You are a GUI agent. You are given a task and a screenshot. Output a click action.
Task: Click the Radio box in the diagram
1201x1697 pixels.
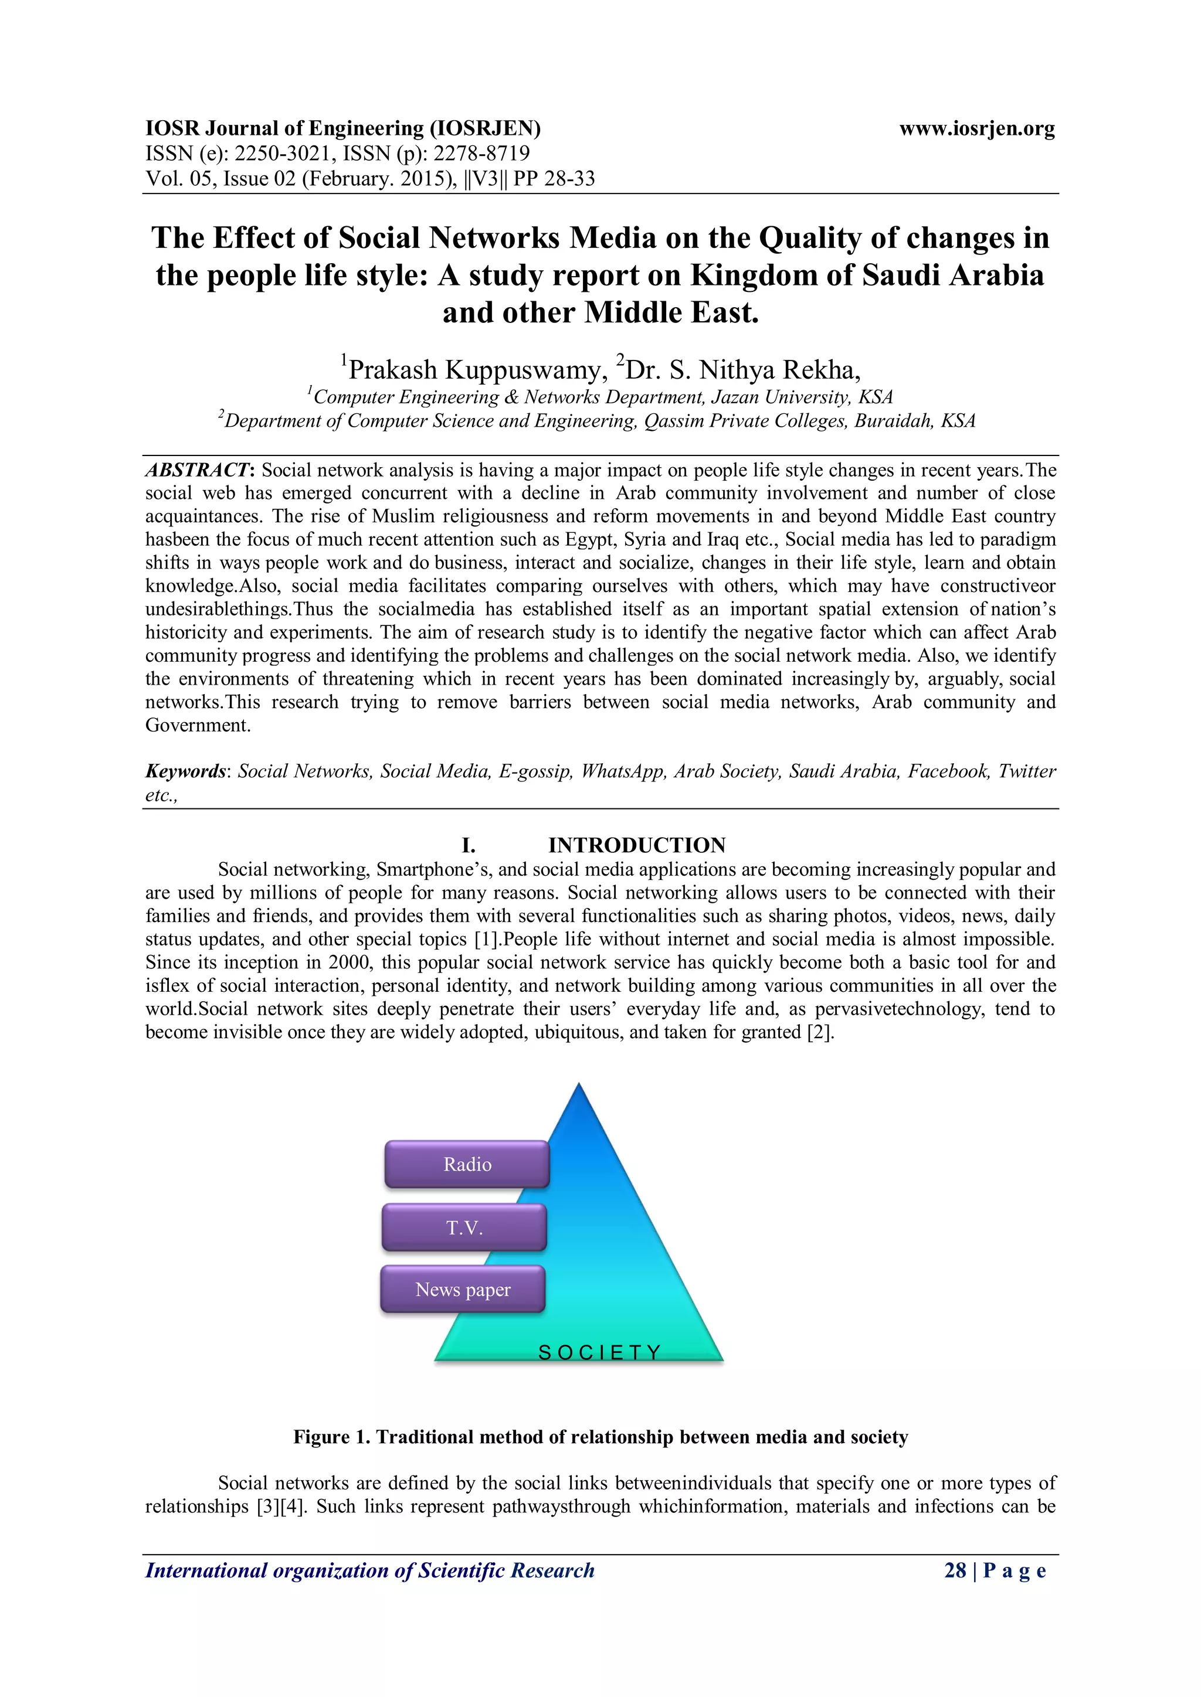pyautogui.click(x=467, y=1164)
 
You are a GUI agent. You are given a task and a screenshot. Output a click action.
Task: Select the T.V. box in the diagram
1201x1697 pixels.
pyautogui.click(x=464, y=1227)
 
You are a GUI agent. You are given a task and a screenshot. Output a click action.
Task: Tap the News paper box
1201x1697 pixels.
pyautogui.click(x=463, y=1290)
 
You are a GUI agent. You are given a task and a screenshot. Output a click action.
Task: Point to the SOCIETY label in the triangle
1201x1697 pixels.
pyautogui.click(x=599, y=1352)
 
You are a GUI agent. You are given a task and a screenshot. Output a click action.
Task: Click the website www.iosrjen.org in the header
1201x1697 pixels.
pyautogui.click(x=976, y=128)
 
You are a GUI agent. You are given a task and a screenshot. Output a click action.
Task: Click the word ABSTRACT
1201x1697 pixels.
pyautogui.click(x=198, y=470)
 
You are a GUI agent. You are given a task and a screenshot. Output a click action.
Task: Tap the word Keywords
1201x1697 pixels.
pyautogui.click(x=185, y=771)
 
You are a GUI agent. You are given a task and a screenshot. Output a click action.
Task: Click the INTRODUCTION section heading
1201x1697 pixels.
pyautogui.click(x=636, y=845)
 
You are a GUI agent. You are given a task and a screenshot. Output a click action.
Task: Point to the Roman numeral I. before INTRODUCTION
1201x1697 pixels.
pyautogui.click(x=468, y=845)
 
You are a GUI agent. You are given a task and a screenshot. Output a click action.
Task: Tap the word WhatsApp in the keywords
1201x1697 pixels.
pyautogui.click(x=623, y=771)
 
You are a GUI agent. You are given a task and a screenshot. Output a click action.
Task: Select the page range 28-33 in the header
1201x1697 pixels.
pyautogui.click(x=569, y=179)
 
